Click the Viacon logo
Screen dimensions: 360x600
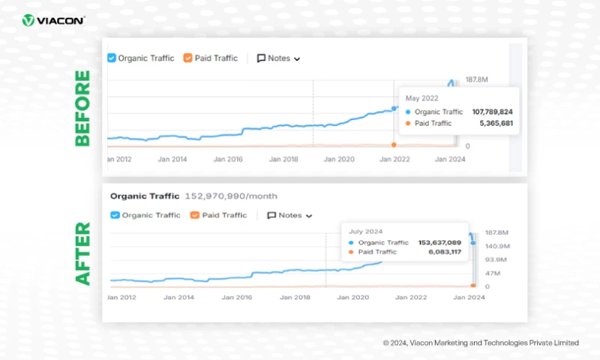click(x=53, y=20)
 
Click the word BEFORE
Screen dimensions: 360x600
click(x=82, y=108)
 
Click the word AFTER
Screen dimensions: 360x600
click(x=82, y=253)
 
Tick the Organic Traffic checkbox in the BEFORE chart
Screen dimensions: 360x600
click(x=112, y=58)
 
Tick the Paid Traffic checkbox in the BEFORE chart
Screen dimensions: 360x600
click(x=187, y=58)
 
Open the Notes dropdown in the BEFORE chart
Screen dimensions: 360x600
click(x=279, y=58)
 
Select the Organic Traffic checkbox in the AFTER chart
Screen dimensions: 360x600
click(x=115, y=215)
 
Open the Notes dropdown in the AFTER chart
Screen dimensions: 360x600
click(x=289, y=215)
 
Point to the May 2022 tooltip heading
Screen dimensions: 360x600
click(x=421, y=97)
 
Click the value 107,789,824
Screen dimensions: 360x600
click(x=492, y=111)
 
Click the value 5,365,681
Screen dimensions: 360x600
click(x=497, y=123)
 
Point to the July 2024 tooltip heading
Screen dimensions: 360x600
click(x=365, y=232)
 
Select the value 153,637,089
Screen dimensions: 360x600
click(x=441, y=242)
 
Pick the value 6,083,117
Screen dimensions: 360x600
click(x=445, y=252)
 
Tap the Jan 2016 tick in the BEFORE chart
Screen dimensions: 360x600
click(x=228, y=159)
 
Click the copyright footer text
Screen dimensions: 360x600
click(x=480, y=343)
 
